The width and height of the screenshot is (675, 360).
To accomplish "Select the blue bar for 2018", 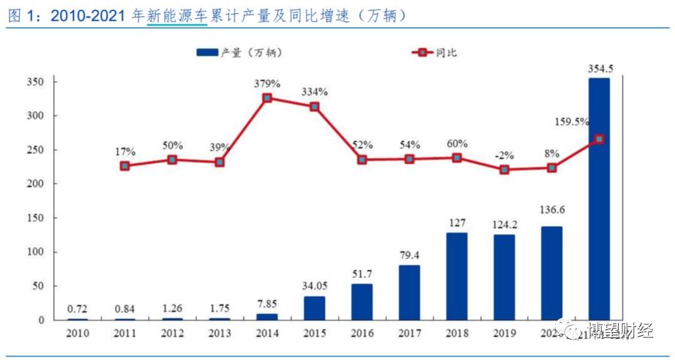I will (456, 276).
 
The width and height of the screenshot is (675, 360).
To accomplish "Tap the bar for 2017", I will (409, 292).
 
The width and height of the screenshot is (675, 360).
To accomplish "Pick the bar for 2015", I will (314, 307).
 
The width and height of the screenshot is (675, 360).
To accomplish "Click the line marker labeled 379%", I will (267, 98).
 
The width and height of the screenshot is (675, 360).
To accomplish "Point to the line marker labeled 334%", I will (314, 107).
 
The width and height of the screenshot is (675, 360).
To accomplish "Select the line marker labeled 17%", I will (125, 166).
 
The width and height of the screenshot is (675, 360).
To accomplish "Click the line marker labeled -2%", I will (504, 170).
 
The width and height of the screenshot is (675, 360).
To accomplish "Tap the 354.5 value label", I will (600, 69).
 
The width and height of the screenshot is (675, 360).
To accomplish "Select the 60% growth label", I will (457, 143).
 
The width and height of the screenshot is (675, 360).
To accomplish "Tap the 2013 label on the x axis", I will (220, 333).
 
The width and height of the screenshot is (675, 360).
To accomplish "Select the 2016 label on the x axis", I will (362, 333).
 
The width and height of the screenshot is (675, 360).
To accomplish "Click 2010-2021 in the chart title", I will (88, 15).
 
